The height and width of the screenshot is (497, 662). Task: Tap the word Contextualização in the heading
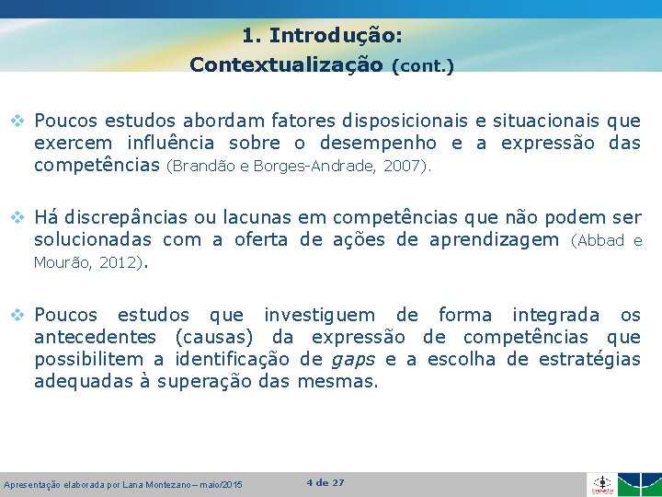click(x=286, y=65)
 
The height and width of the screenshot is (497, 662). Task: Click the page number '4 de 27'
click(x=325, y=482)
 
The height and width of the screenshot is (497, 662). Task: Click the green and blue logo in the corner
click(x=638, y=484)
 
